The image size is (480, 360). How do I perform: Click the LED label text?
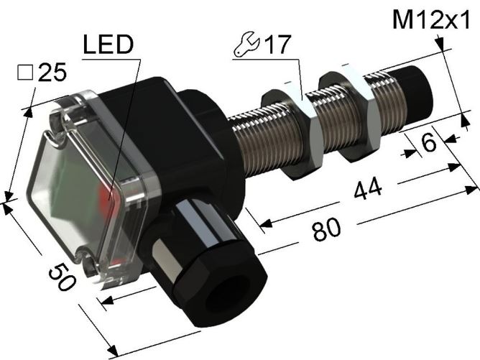pos(109,45)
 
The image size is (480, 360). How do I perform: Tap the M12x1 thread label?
pos(430,20)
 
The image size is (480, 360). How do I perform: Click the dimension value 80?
pos(327,229)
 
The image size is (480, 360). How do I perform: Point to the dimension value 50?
pos(61,277)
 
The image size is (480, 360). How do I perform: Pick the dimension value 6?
pos(428,143)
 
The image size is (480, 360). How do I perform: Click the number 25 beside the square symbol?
pos(52,73)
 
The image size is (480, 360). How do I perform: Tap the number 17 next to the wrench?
pos(277,45)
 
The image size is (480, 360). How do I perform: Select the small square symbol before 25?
pos(25,73)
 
